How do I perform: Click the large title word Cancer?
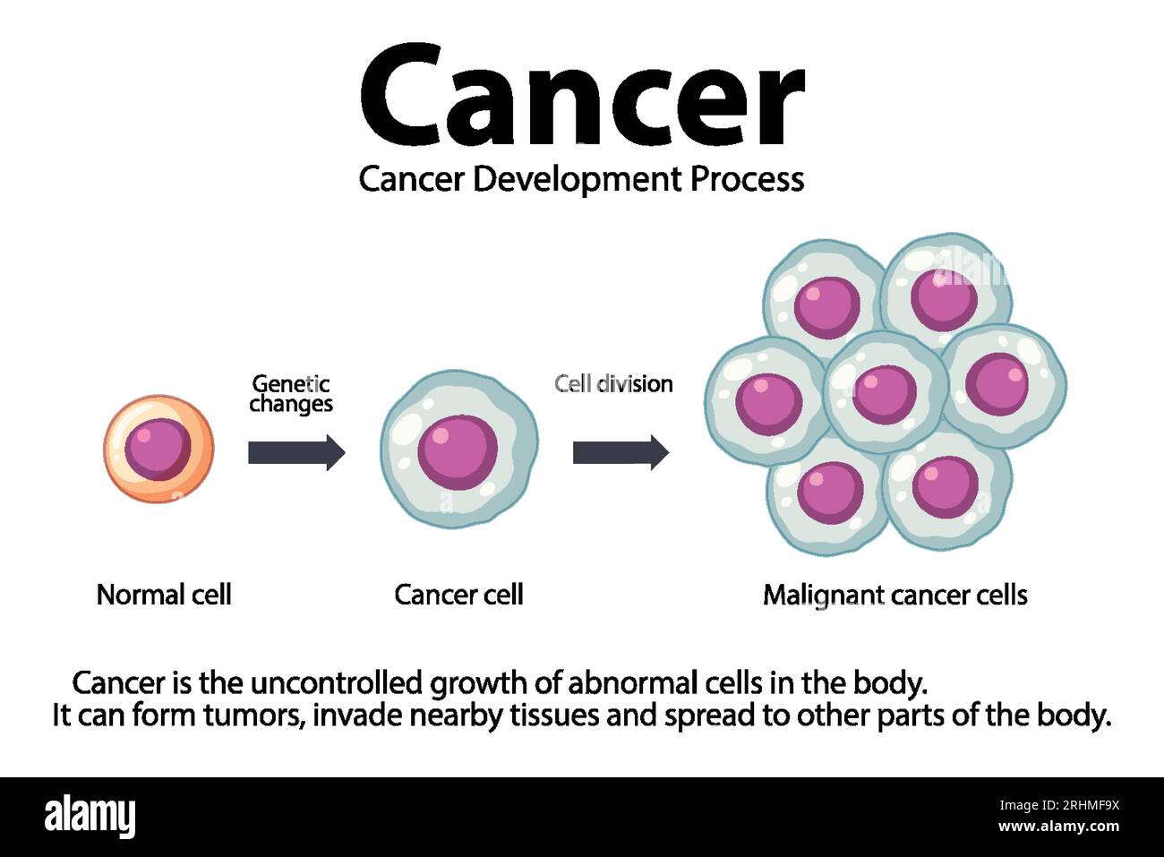tap(581, 97)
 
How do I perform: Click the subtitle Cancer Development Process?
tap(581, 179)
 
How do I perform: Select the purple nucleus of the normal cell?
tap(158, 449)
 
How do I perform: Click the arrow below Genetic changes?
tap(295, 452)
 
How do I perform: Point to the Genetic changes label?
tap(291, 394)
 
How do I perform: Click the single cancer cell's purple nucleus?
tap(458, 450)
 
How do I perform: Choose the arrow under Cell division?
tap(621, 452)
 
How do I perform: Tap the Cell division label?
tap(613, 383)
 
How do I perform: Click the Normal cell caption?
tap(164, 595)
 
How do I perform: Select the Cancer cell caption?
tap(458, 595)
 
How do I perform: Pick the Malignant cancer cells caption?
tap(894, 595)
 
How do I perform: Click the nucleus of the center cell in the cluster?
tap(885, 393)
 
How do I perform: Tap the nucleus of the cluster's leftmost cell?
tap(768, 402)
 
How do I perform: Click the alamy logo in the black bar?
tap(90, 816)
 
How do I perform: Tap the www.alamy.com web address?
tap(1058, 827)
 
